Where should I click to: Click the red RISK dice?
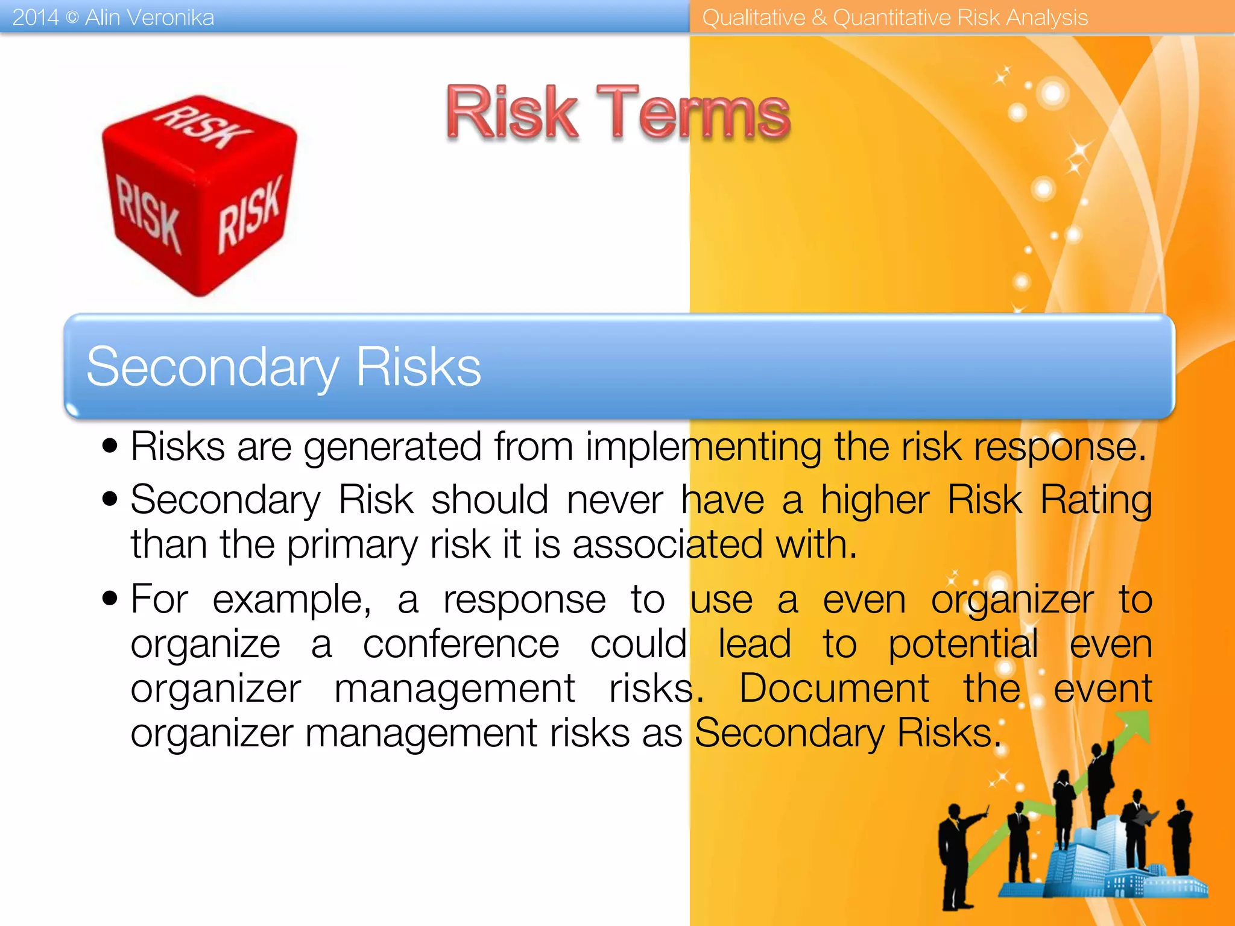(199, 196)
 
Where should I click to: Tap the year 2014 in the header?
(35, 17)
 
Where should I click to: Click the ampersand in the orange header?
(819, 17)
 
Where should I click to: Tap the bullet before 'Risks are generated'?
(110, 447)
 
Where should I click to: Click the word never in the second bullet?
(614, 500)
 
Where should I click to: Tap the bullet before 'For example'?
(110, 599)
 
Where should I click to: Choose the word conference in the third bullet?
(461, 644)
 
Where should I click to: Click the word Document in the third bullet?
(833, 688)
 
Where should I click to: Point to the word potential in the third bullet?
(962, 644)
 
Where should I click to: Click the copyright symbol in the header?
(72, 18)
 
